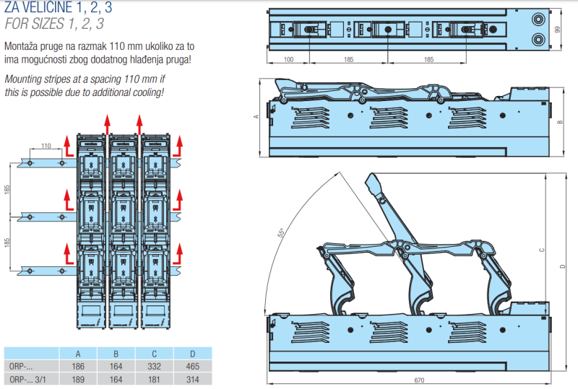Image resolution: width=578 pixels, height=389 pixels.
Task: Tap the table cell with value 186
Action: pyautogui.click(x=79, y=366)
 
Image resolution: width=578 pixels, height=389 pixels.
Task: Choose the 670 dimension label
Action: pyautogui.click(x=418, y=380)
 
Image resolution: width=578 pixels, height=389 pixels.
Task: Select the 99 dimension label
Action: pyautogui.click(x=558, y=30)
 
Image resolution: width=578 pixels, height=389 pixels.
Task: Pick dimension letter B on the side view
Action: pyautogui.click(x=559, y=122)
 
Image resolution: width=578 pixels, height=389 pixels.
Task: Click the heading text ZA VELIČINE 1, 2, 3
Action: pyautogui.click(x=54, y=9)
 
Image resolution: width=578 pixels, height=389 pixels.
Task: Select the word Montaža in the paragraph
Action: pyautogui.click(x=22, y=46)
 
